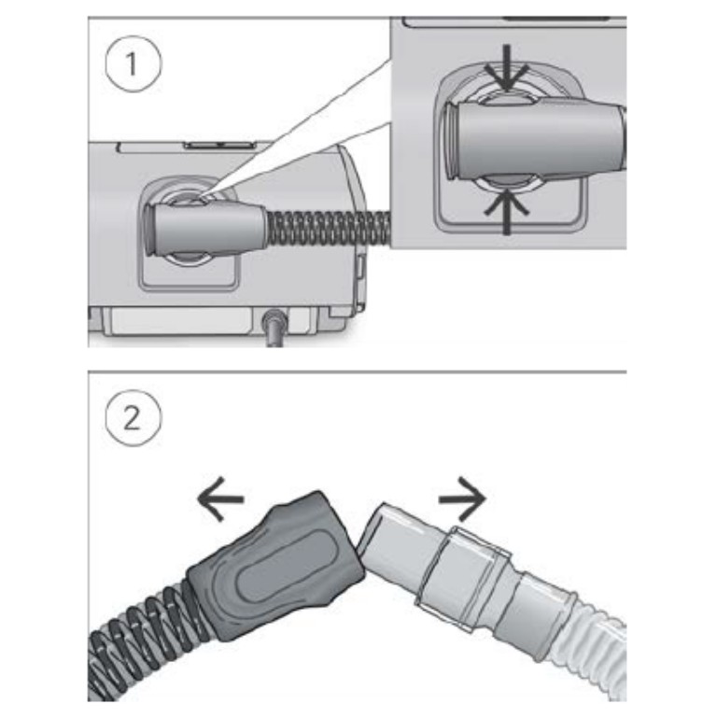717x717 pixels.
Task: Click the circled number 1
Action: (134, 64)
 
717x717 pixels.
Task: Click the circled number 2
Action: (134, 418)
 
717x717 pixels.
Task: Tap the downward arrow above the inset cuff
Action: (506, 68)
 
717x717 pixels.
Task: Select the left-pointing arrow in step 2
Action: (220, 499)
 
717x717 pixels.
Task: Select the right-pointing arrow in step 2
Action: (462, 499)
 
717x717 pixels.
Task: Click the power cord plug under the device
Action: (274, 326)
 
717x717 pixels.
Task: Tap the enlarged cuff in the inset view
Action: (535, 139)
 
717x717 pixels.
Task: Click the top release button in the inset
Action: (508, 97)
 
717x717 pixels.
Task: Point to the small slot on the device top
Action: (218, 146)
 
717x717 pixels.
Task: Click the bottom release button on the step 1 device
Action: (188, 258)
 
